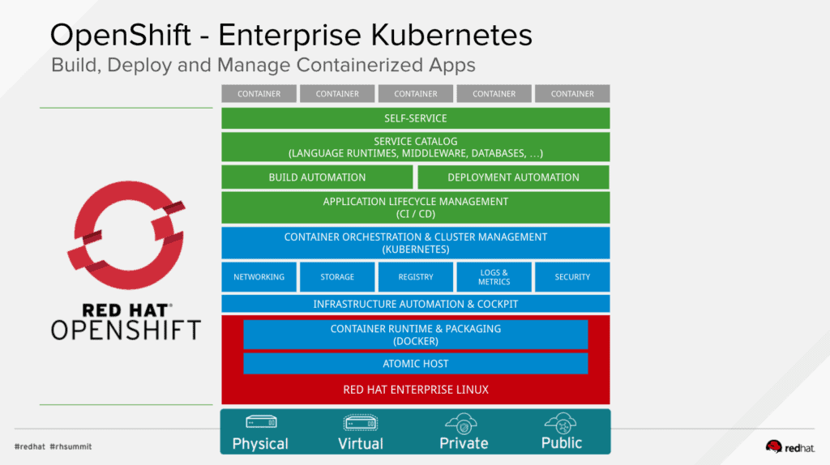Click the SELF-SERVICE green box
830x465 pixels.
coord(415,118)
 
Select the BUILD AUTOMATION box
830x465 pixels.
coord(317,177)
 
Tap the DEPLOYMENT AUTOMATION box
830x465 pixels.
coord(513,177)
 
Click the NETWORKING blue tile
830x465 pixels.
coord(259,277)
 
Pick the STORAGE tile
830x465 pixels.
coord(337,277)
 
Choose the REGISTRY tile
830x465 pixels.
coord(416,277)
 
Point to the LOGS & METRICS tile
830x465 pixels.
coord(494,277)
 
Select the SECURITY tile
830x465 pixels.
coord(572,277)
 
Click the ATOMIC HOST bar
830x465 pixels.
coord(415,364)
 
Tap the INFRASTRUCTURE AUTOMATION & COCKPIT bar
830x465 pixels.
coord(415,304)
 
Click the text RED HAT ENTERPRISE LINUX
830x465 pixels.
coord(415,390)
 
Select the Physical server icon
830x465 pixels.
coord(260,423)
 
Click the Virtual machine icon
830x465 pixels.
coord(360,423)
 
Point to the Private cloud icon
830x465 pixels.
coord(463,423)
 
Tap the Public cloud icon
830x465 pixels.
coord(561,422)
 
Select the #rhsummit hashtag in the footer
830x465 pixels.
coord(71,446)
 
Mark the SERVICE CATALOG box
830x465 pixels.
coord(415,147)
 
